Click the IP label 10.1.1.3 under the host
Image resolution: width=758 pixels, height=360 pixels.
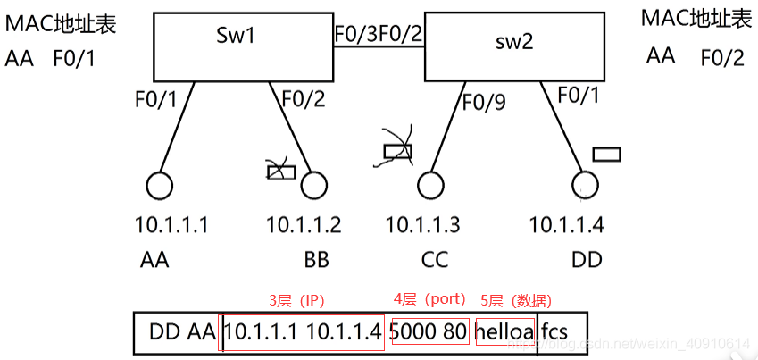(x=422, y=225)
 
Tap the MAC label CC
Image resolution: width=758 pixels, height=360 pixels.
(x=435, y=261)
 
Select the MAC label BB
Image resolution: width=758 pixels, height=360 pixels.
(x=317, y=261)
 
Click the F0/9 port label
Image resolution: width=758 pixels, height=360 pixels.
(x=484, y=102)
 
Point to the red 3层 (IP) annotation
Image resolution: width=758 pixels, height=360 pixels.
(x=296, y=301)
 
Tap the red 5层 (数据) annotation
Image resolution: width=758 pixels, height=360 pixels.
(x=516, y=301)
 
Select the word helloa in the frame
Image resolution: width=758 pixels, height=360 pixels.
(x=504, y=331)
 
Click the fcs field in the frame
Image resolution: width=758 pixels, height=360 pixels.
(x=554, y=332)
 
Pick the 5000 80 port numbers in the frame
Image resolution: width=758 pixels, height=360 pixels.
(x=429, y=331)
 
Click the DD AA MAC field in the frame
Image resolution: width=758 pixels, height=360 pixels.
(x=182, y=332)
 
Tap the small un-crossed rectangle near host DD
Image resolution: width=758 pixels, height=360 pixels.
(x=607, y=155)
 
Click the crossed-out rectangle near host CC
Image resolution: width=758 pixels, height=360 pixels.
(x=398, y=152)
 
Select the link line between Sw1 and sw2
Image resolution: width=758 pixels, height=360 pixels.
(x=379, y=46)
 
